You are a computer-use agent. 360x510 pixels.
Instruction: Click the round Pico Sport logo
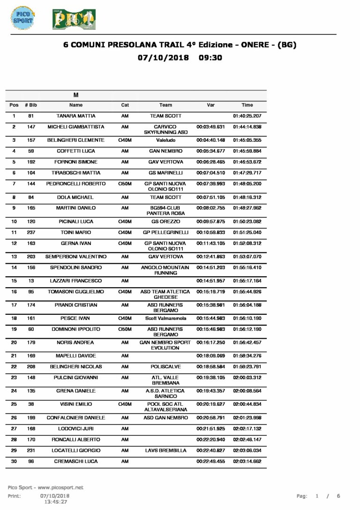22,18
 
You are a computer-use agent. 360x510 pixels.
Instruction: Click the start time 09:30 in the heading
210,58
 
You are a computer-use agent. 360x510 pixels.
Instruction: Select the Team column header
165,105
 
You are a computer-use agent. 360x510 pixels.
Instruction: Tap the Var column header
210,105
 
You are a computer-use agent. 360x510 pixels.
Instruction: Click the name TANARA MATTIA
76,116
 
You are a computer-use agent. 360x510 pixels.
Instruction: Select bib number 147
31,127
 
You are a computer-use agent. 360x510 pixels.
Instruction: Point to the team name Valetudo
165,140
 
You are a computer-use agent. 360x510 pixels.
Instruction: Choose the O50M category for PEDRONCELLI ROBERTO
125,184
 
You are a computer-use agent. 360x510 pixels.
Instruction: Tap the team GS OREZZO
165,221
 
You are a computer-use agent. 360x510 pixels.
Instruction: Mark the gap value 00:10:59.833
210,233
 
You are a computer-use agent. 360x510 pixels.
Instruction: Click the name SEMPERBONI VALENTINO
76,257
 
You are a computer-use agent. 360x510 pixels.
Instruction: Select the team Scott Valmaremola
165,318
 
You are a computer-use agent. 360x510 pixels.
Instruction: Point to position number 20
14,343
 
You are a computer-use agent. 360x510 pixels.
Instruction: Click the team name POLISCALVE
165,367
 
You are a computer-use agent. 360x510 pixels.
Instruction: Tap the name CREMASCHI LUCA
76,462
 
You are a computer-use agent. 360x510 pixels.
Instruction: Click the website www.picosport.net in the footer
60,488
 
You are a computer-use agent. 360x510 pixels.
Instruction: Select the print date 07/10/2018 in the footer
55,496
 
